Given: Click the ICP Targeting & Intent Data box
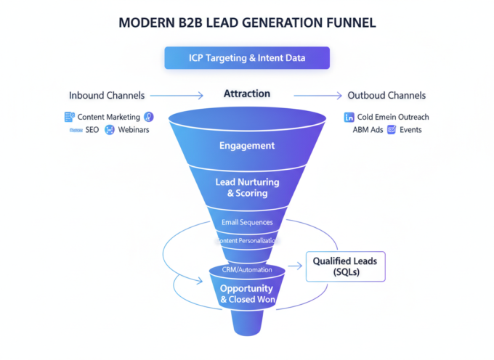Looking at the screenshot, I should [247, 57].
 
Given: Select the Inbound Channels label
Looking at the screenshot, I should [106, 95].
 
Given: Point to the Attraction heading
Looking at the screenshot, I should [247, 94].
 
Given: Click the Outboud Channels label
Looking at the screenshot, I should [386, 95].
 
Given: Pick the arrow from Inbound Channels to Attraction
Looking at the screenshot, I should [177, 95].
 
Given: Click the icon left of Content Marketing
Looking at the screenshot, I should [70, 116].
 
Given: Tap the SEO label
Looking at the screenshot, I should [92, 130].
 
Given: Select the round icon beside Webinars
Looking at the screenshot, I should [110, 130].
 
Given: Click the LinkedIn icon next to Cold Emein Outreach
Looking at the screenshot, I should [349, 117].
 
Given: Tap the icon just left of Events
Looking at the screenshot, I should [392, 130].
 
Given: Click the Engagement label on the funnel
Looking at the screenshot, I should [247, 145].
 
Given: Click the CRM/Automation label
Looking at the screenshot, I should [247, 270].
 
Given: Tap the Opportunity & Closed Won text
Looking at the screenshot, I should [247, 293].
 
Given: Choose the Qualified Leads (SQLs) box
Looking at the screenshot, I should [345, 266].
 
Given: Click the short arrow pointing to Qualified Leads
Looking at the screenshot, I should [293, 267].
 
